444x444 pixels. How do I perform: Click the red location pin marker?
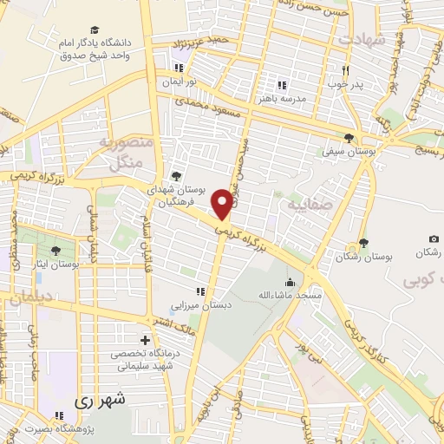click(x=223, y=203)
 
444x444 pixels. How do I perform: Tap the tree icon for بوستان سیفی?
click(x=349, y=138)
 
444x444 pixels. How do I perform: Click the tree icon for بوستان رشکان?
click(x=362, y=244)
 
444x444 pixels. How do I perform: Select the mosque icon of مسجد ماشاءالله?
click(x=290, y=282)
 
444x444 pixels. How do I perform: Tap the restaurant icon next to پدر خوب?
click(x=345, y=70)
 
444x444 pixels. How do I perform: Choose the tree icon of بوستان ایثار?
click(x=55, y=251)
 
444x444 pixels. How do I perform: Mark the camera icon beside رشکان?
click(x=434, y=238)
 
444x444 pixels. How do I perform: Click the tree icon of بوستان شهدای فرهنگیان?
click(x=177, y=176)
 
